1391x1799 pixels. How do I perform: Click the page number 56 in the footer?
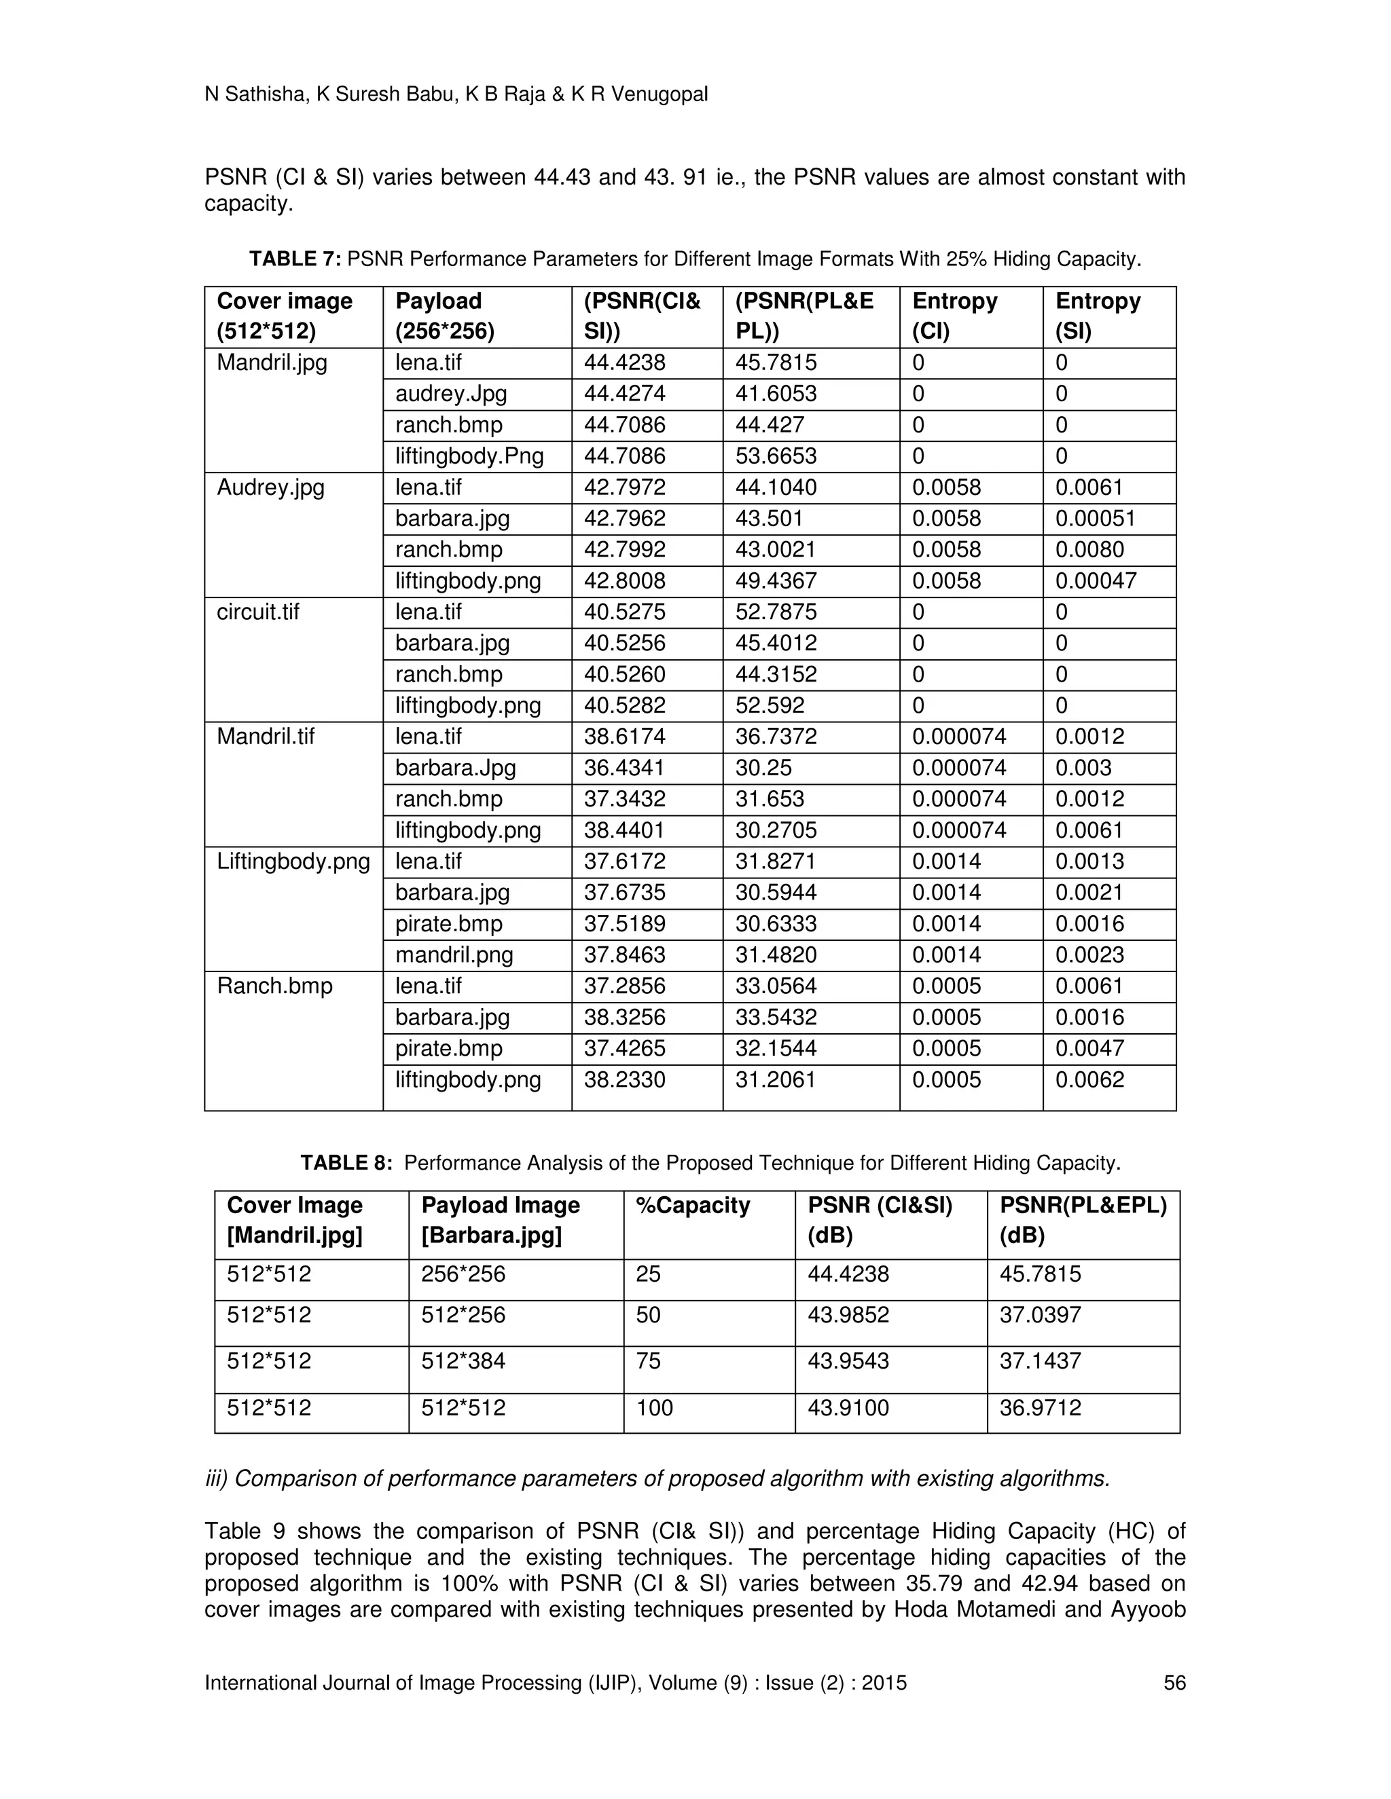pos(1174,1683)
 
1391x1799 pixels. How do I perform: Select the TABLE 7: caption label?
pos(295,259)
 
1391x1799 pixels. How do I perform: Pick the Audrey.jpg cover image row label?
pos(270,487)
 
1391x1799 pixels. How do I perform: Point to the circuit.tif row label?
pos(258,612)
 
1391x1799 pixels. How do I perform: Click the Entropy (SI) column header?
pos(1098,316)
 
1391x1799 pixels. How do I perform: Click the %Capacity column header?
pos(692,1205)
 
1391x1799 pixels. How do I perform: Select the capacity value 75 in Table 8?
pos(648,1360)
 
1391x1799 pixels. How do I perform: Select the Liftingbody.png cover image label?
pos(293,861)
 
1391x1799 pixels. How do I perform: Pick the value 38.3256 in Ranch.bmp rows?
pos(625,1018)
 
